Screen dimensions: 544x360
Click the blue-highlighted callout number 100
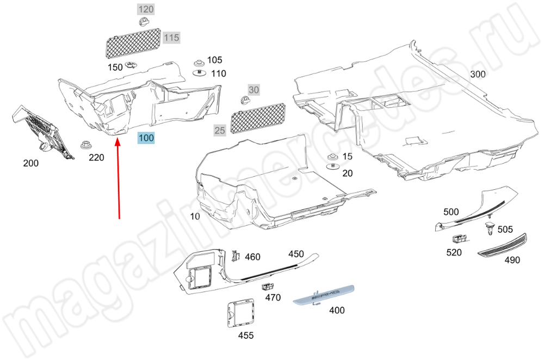(x=146, y=138)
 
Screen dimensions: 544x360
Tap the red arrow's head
(x=118, y=141)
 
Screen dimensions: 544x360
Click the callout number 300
(x=478, y=74)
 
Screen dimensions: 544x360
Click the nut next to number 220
(x=85, y=145)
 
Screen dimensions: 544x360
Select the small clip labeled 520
(x=459, y=239)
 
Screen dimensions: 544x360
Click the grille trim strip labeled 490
(x=502, y=246)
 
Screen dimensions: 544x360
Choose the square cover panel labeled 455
(x=240, y=313)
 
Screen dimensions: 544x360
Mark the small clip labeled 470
(x=267, y=286)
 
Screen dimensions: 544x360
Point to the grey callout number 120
(x=146, y=9)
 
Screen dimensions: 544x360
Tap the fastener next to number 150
(x=131, y=65)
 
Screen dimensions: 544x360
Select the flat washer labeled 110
(x=199, y=73)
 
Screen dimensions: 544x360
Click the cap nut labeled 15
(x=333, y=157)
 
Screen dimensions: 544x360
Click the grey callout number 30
(x=254, y=90)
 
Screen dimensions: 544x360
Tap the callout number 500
(x=451, y=212)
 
